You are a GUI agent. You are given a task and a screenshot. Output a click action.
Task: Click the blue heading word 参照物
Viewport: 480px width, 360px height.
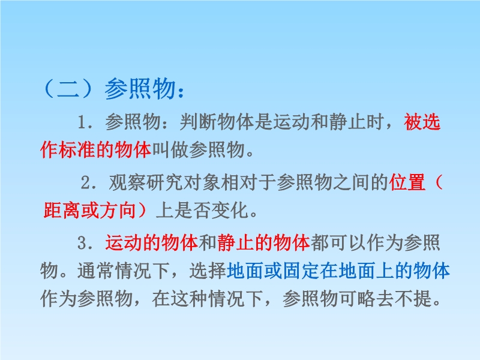tap(140, 89)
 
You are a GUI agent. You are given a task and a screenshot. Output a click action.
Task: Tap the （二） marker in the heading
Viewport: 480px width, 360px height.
tap(68, 89)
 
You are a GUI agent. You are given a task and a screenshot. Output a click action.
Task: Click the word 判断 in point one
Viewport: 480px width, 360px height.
tap(198, 122)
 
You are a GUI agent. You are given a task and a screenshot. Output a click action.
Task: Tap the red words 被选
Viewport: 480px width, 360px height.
tap(422, 122)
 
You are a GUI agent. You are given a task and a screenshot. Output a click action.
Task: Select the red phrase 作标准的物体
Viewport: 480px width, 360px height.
tap(96, 149)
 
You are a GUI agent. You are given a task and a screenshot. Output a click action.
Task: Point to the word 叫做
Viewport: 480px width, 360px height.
tap(170, 149)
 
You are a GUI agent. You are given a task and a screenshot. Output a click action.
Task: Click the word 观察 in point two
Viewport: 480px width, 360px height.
tap(127, 182)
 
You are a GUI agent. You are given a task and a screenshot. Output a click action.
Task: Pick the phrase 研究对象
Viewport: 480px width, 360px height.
tap(183, 182)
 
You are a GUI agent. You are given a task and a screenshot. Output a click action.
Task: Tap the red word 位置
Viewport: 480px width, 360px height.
tap(407, 182)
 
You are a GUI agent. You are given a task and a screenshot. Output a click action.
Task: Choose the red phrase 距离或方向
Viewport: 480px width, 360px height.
tap(89, 211)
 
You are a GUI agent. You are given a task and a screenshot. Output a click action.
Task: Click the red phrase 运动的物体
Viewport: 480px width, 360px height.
tap(152, 243)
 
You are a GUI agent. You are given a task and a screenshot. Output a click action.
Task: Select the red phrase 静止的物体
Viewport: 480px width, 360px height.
tap(263, 243)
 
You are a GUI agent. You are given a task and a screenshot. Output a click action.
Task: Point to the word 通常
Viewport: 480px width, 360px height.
tap(96, 271)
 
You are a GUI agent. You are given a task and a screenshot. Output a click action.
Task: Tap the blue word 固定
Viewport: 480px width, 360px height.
tap(301, 271)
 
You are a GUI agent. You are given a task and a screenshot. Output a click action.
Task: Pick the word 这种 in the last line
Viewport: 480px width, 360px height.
tap(190, 298)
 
